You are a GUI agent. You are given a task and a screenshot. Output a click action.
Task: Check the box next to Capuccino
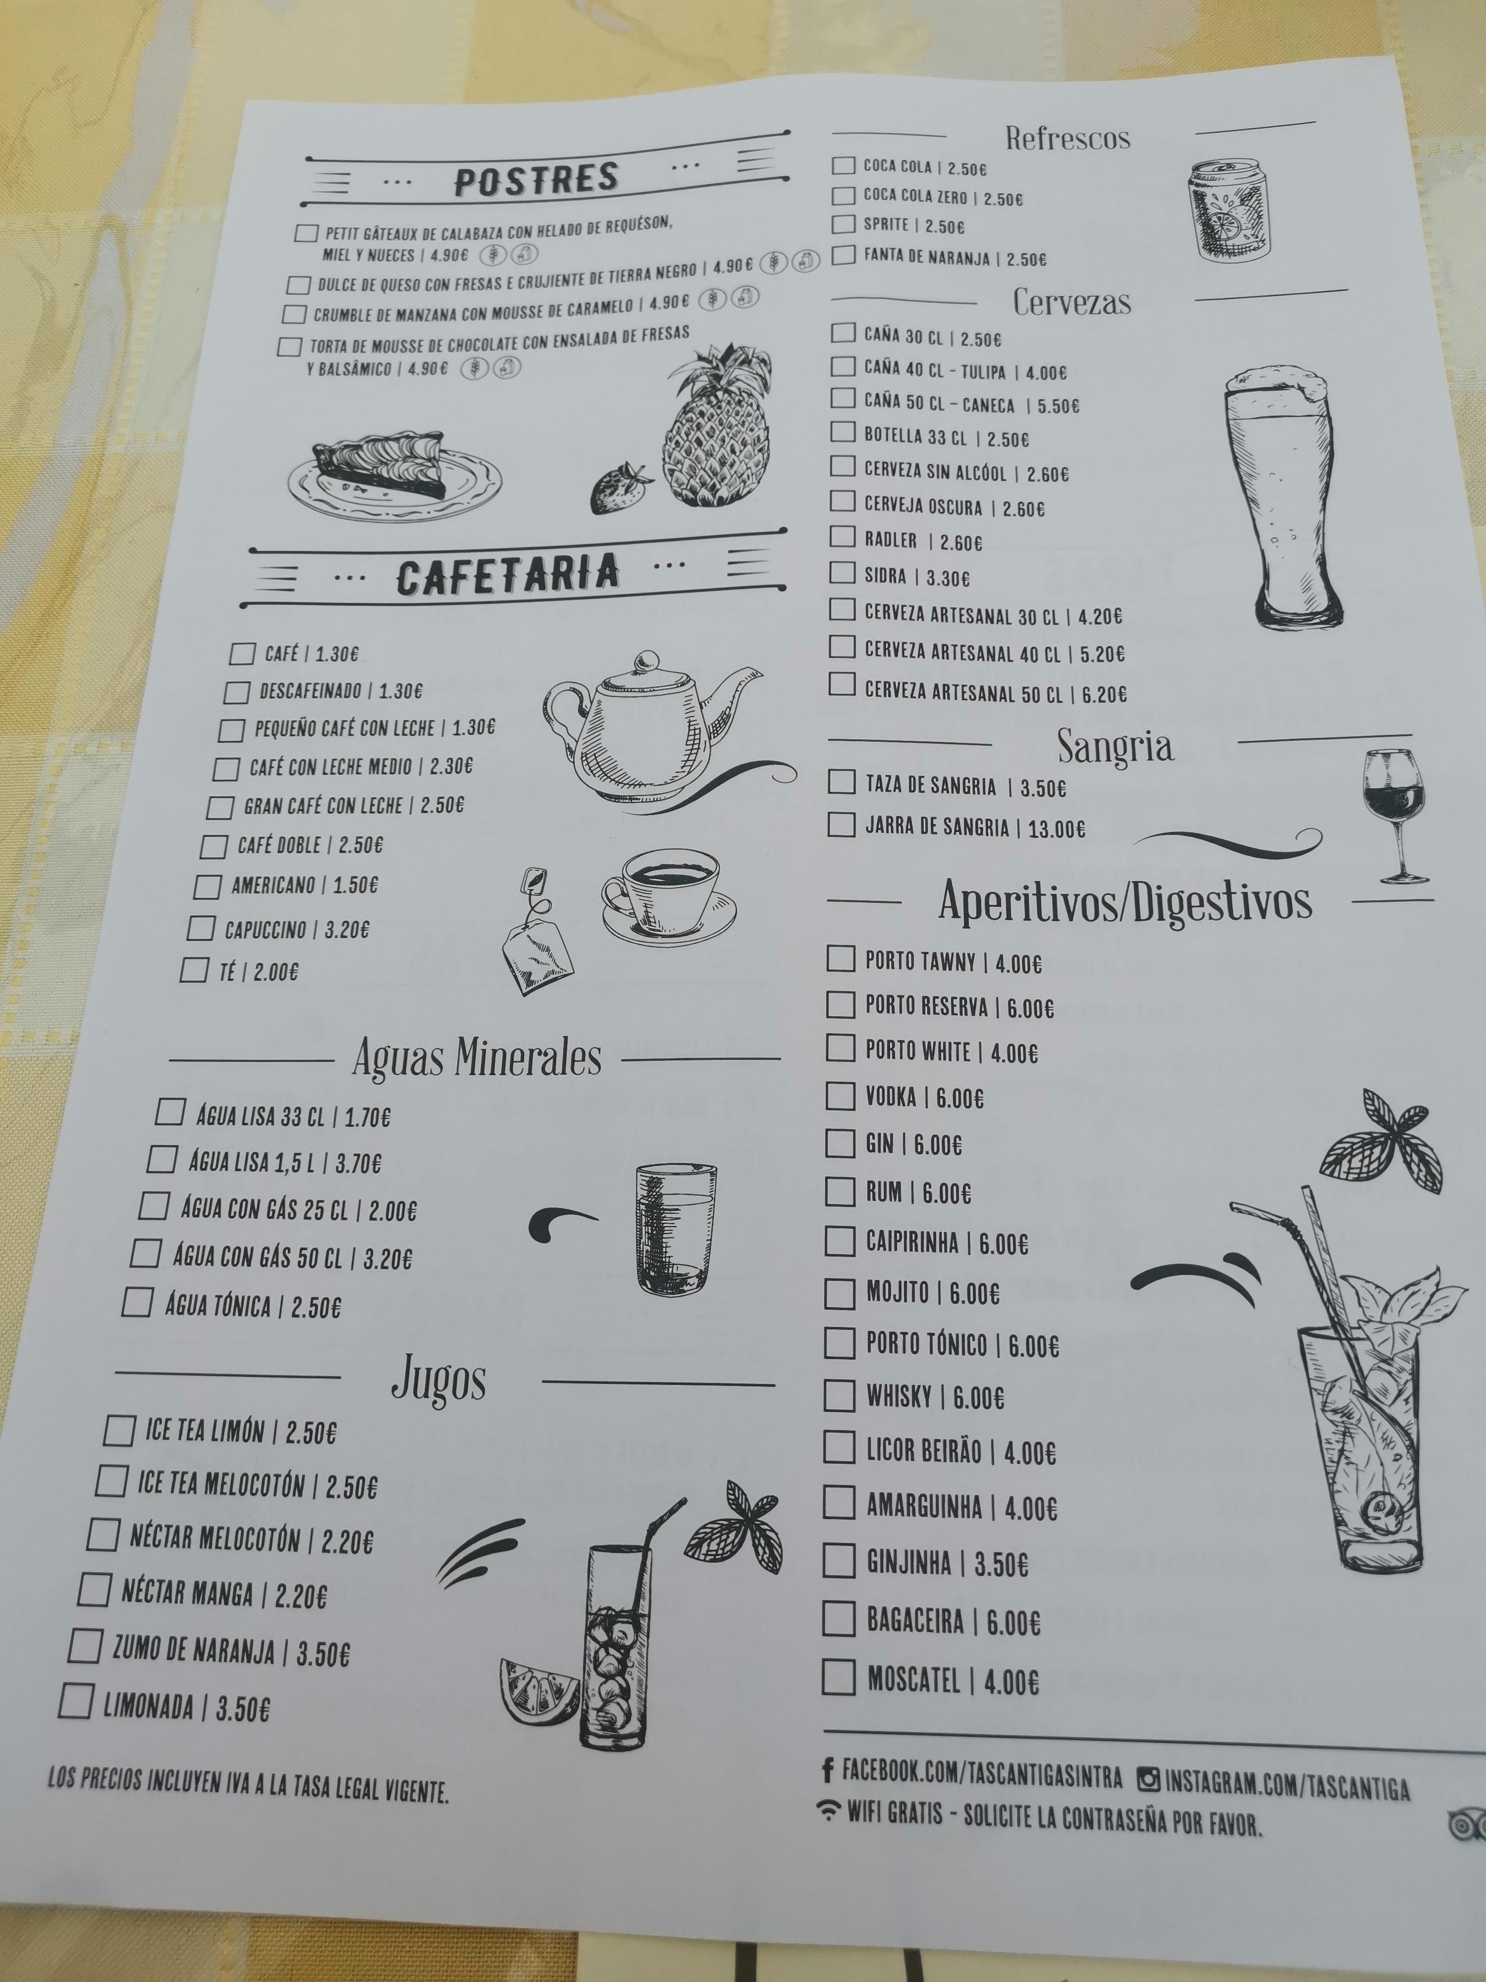click(201, 928)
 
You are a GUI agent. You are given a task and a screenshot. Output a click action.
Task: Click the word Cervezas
click(1071, 302)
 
